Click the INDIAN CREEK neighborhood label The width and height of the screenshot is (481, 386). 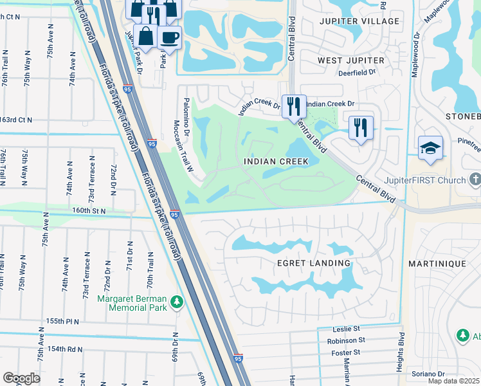tap(280, 161)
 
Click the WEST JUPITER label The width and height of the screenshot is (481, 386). tap(350, 60)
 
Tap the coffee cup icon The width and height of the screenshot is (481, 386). tap(170, 37)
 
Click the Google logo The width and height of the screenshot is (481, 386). tap(21, 378)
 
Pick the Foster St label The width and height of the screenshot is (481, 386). tap(348, 352)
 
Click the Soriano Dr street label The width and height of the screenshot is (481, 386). tap(428, 374)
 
